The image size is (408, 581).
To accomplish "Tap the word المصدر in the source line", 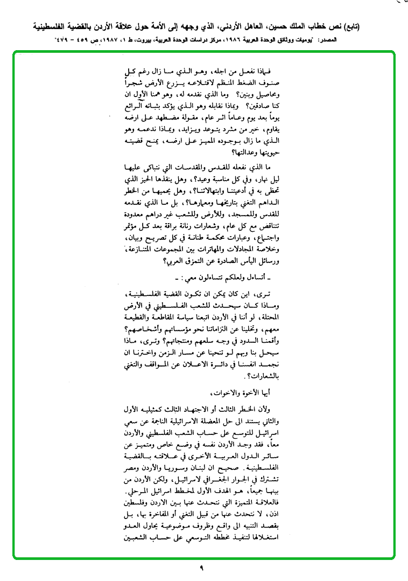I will click(x=391, y=40).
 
